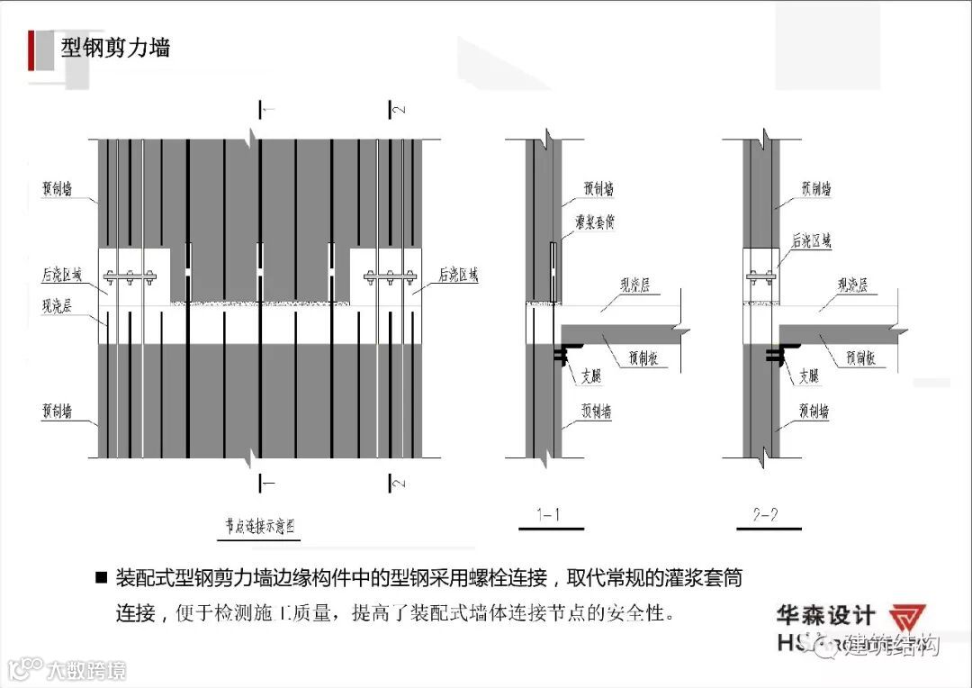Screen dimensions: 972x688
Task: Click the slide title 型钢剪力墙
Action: (x=115, y=46)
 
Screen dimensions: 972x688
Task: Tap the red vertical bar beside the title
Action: (x=31, y=50)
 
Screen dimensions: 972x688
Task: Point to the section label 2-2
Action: (x=765, y=515)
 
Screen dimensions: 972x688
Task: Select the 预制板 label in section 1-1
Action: (x=642, y=358)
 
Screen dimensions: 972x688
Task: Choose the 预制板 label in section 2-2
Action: (x=860, y=358)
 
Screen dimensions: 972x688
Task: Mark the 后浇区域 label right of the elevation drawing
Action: (x=458, y=274)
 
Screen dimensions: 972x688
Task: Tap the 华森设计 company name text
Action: (x=826, y=616)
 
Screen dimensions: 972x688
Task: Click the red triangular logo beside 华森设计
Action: (x=906, y=620)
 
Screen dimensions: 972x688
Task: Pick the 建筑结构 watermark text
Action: (x=893, y=646)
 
